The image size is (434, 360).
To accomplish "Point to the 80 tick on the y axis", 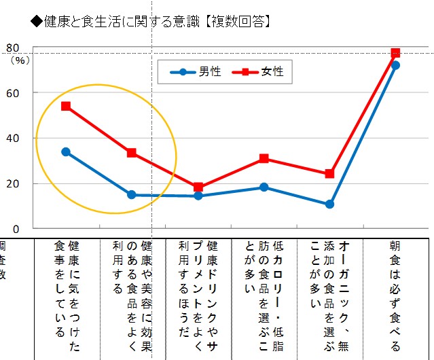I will pos(12,48).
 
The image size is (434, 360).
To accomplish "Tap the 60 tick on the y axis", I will pos(12,93).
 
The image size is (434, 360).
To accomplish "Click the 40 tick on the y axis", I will pos(12,139).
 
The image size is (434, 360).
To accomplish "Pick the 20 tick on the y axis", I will pos(12,183).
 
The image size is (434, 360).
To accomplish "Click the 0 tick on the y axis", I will pos(14,229).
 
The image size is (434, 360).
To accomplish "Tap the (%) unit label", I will pos(20,60).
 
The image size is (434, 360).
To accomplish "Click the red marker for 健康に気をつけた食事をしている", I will pos(66,106).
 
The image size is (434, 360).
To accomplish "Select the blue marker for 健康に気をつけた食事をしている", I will pos(66,151).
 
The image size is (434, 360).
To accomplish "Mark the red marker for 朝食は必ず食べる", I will pos(395,53).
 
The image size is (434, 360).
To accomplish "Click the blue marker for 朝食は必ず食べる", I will pos(395,65).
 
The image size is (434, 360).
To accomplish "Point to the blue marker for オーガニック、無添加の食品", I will pos(329,204).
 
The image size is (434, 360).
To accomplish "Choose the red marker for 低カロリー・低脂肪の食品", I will pos(264,158).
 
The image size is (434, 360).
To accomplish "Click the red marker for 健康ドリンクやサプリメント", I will pos(198,187).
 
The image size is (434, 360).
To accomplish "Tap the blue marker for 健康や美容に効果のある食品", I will pos(132,195).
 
